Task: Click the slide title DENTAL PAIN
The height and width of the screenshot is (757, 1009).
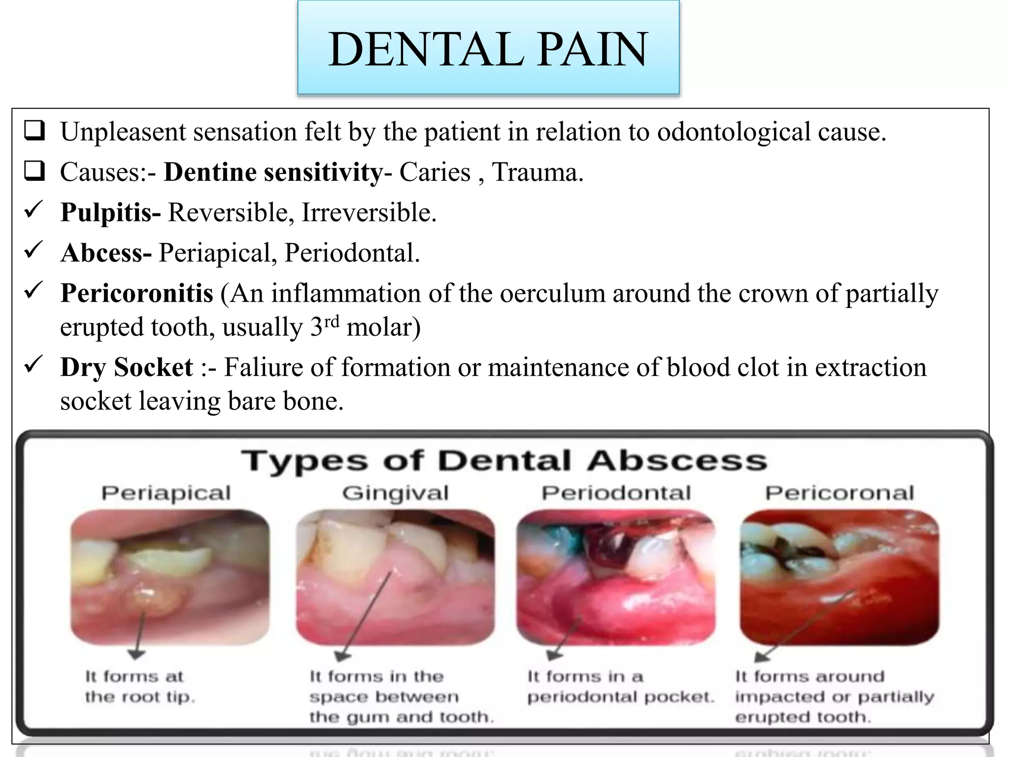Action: [488, 49]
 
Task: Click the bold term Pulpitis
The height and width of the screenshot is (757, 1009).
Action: [109, 213]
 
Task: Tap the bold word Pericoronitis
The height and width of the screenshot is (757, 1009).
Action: [136, 294]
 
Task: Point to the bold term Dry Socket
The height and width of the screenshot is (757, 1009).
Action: [126, 368]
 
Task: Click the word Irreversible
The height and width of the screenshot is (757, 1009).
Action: [369, 213]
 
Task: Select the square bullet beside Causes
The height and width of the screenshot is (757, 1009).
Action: [34, 172]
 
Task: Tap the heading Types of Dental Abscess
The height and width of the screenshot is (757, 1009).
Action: [504, 461]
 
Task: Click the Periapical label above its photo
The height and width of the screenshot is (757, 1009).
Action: [166, 493]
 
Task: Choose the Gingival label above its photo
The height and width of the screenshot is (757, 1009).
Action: [395, 493]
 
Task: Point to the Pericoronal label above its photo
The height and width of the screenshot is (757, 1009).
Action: [839, 493]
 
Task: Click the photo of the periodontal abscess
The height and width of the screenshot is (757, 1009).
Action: [615, 577]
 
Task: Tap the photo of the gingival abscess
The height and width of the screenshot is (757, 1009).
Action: [395, 577]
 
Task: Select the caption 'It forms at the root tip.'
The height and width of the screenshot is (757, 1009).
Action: [140, 687]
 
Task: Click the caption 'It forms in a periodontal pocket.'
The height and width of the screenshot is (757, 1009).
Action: [620, 687]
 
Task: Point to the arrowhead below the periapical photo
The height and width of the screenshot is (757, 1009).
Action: [136, 654]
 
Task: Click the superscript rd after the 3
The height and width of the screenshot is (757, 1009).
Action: [332, 321]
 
